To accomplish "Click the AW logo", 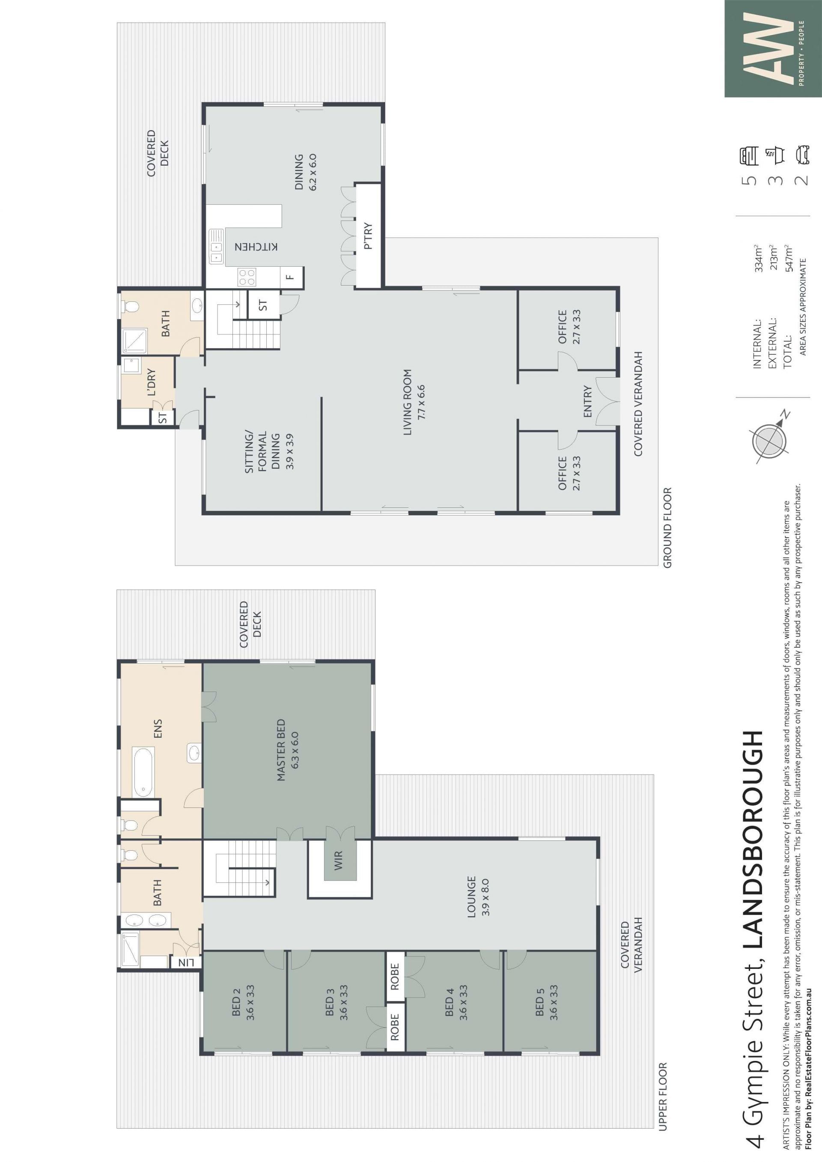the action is pos(773,48).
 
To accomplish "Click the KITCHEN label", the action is pos(256,247).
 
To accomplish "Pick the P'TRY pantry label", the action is pos(368,236).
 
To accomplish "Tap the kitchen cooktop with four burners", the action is pos(247,277).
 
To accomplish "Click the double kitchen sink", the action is pos(216,247).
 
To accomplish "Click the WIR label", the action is pos(339,860).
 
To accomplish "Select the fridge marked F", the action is pos(289,277).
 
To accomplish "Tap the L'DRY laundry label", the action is pos(151,382).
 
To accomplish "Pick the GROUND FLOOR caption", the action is pos(667,528).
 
